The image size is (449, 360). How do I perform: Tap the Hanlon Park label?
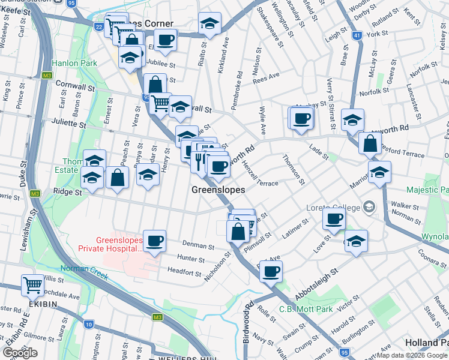point(74,62)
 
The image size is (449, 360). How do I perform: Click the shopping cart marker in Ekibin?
point(32,286)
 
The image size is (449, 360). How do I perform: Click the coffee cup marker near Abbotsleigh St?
point(271,272)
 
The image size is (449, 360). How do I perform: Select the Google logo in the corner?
point(20,353)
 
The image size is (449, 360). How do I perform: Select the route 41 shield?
point(357,36)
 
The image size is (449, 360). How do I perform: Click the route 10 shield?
point(89,325)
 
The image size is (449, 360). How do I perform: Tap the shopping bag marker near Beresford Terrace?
point(370,143)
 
